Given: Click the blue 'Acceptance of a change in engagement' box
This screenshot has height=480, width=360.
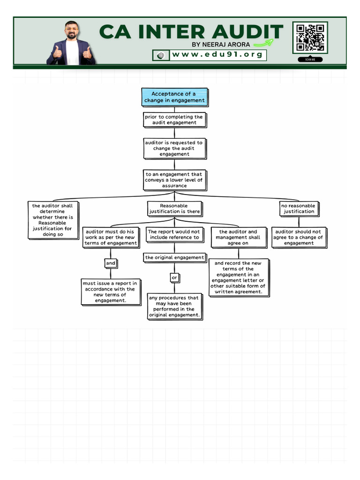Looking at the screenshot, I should coord(174,97).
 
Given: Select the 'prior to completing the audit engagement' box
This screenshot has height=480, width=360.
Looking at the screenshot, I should coord(174,120).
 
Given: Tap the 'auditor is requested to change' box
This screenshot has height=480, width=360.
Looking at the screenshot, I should coord(174,148).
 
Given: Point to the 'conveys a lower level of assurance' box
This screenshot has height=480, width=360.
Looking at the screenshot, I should coord(174,180).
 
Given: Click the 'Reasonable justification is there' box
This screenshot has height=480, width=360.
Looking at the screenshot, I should coord(174,209).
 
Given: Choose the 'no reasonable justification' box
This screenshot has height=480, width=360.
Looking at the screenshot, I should coord(299,209).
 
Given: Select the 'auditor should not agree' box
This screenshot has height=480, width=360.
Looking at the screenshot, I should coord(299,237).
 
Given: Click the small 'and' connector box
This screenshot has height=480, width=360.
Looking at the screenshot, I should coord(111,263).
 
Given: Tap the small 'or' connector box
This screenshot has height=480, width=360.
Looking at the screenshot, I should coord(174,278).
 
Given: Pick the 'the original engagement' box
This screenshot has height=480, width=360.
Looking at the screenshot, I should coord(174,257).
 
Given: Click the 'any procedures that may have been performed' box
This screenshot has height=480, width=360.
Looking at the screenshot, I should coord(174,307).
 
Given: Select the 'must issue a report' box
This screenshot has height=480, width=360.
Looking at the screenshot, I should coord(111,292).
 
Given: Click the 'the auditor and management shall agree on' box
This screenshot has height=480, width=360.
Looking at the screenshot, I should coord(238,237).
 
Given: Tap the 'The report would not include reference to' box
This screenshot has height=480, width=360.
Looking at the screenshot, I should coord(174,234).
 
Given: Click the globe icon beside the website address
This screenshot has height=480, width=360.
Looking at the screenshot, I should coord(161,55).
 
